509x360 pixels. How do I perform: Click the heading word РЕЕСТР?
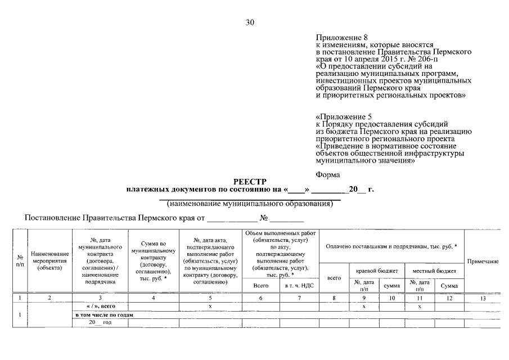tap(251, 182)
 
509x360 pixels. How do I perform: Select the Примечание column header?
tap(483, 262)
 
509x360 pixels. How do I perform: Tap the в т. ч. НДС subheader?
tap(299, 286)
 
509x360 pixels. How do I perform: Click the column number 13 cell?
tap(483, 298)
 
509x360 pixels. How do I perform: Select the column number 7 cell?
tap(299, 298)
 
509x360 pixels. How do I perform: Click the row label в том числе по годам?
tap(105, 315)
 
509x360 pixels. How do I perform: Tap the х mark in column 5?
tap(210, 307)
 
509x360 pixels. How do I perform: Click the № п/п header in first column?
tap(20, 262)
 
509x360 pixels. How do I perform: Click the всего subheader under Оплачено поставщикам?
tap(334, 278)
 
